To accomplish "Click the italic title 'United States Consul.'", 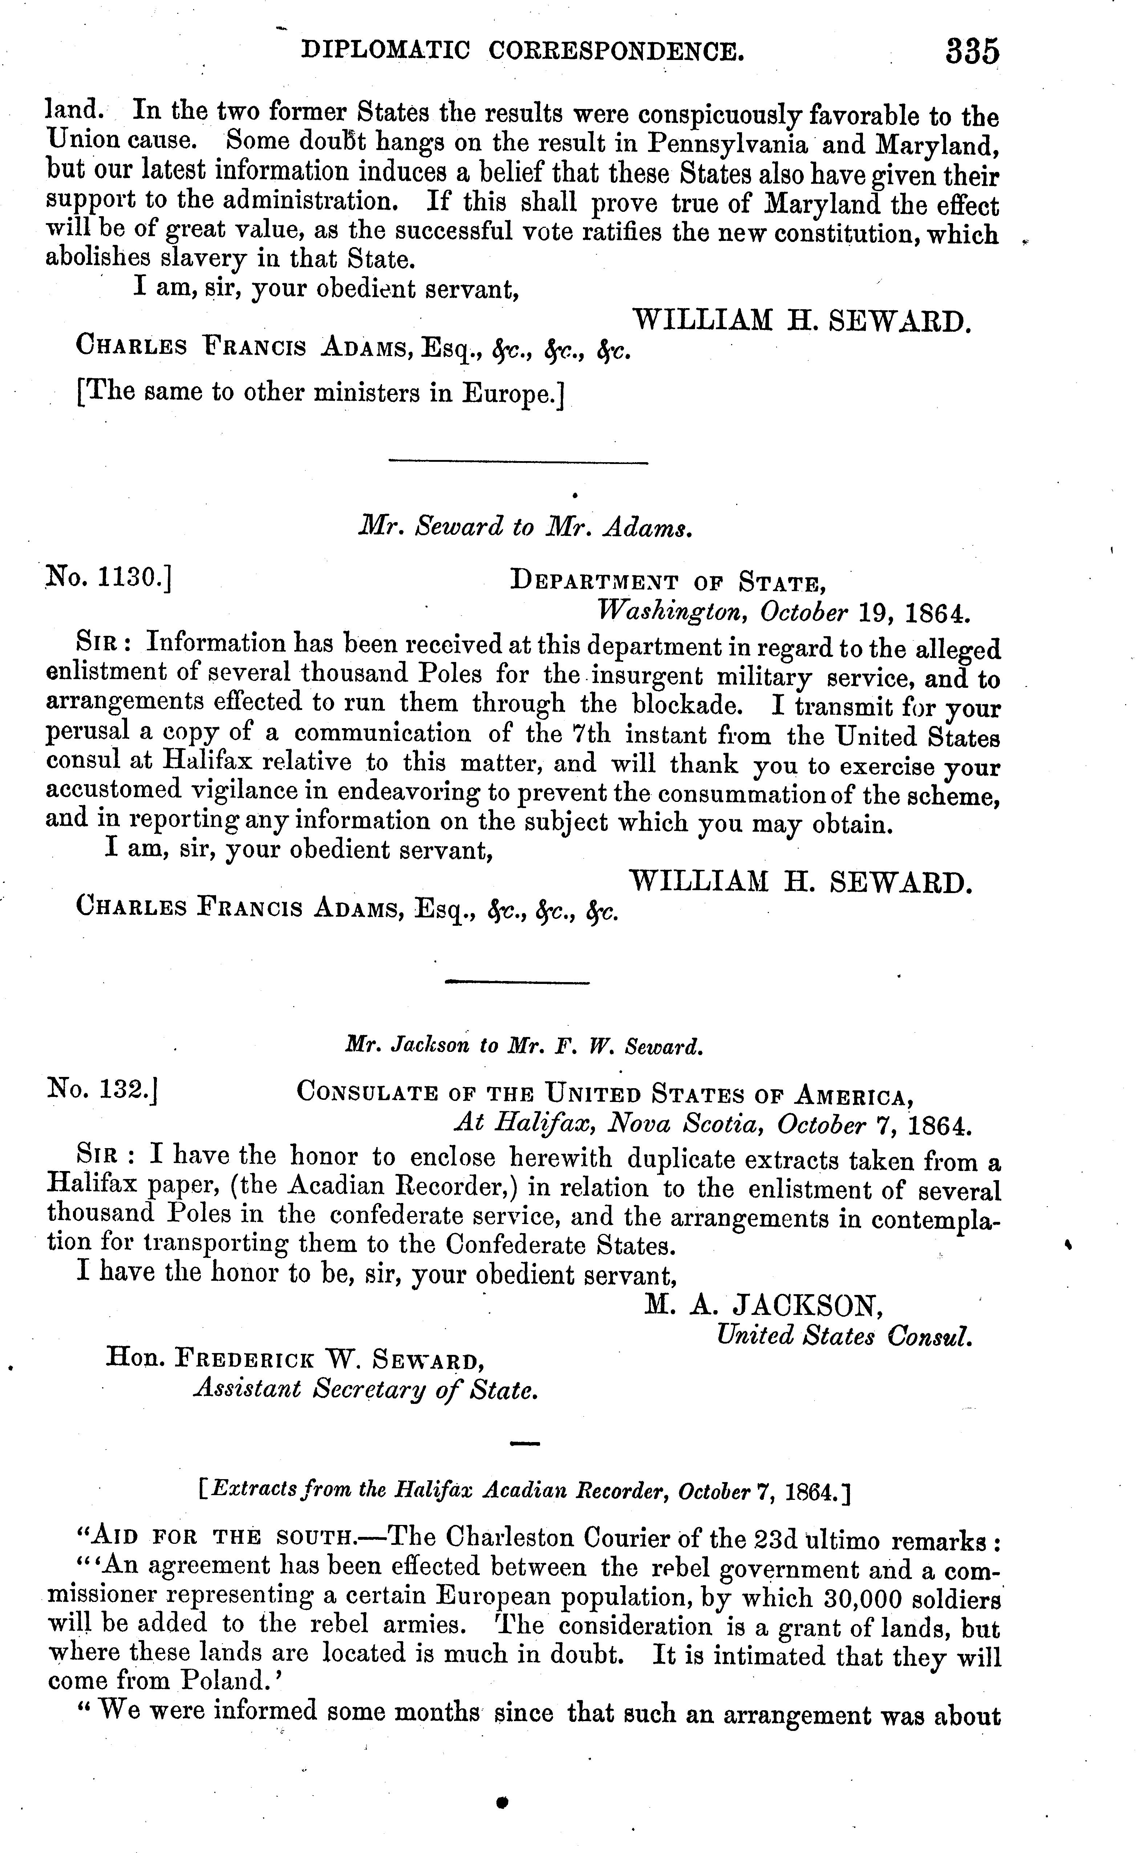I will click(844, 1336).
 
